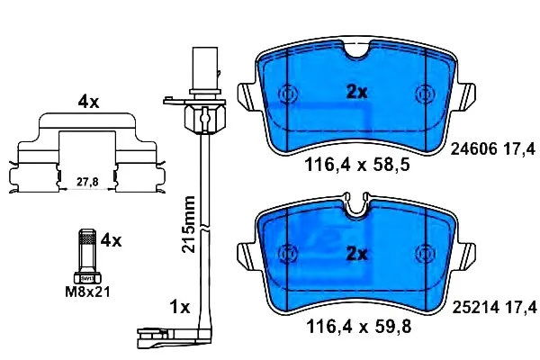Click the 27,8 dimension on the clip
click(87, 181)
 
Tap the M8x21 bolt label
click(88, 292)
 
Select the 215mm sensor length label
click(189, 224)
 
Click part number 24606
click(474, 149)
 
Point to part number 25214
click(475, 307)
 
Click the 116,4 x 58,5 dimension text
click(357, 165)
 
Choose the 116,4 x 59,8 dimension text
click(358, 327)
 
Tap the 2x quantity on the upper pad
click(356, 92)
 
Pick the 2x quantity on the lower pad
click(356, 254)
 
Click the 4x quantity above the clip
click(88, 102)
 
